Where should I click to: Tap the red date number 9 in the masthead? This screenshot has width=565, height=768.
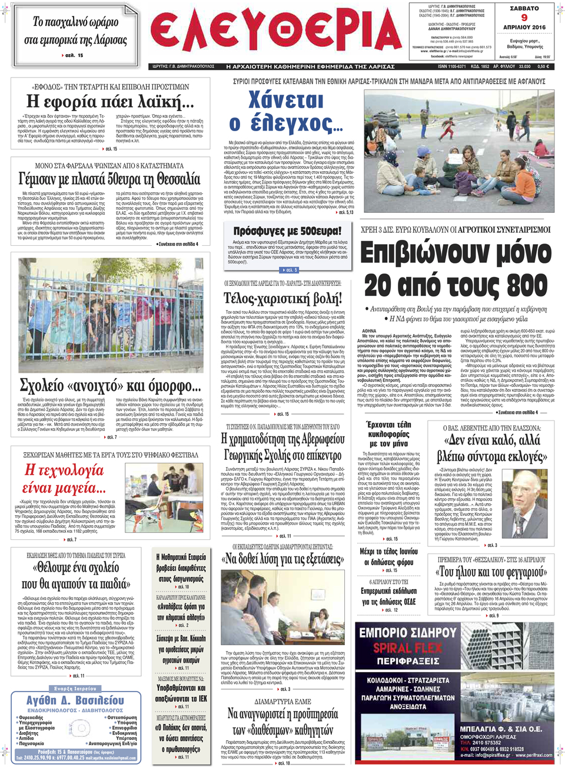tap(524, 18)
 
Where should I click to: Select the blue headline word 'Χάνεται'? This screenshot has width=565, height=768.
tap(286, 100)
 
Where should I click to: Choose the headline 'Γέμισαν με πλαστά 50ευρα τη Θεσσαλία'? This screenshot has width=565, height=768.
tap(109, 178)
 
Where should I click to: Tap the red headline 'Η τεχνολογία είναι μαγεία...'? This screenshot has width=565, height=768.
tap(64, 479)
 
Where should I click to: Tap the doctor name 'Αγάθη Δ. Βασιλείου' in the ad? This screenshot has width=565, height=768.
tap(75, 700)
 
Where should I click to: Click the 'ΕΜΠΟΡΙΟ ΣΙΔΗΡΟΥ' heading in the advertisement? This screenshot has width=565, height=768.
tap(408, 633)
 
